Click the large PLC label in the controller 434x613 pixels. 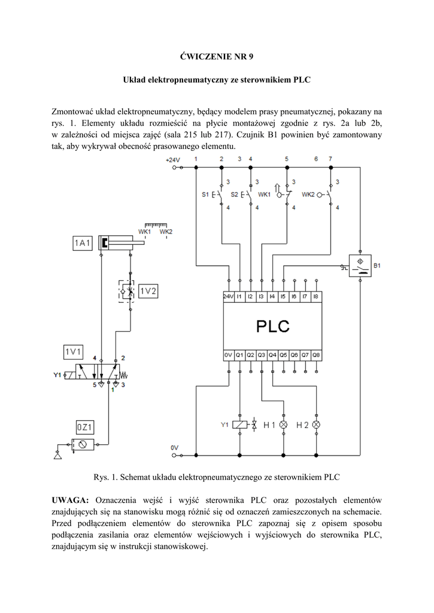tap(273, 326)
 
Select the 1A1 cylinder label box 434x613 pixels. tap(83, 242)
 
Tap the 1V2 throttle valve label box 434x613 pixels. tap(148, 291)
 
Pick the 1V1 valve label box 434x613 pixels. tap(74, 350)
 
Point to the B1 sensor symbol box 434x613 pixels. tap(360, 264)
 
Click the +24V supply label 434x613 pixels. tap(172, 160)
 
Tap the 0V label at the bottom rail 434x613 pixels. tap(174, 447)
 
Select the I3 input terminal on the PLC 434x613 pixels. tap(261, 296)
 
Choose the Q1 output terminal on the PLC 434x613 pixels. tap(239, 355)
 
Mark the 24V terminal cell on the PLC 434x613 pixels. tap(228, 296)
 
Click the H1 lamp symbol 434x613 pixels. tap(283, 425)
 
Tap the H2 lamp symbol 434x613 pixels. tap(316, 425)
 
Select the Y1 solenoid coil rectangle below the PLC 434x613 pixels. tap(239, 425)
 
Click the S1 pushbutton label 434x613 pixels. tap(205, 195)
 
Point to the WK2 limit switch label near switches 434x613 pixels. tap(308, 195)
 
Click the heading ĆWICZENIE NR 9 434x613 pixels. tap(217, 57)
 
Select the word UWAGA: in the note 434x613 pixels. tap(70, 500)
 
